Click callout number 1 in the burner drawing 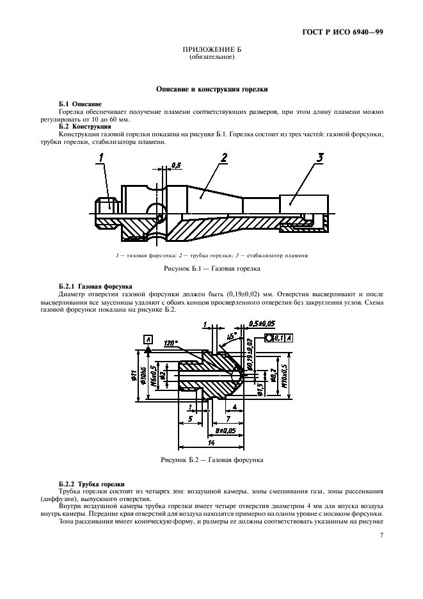[x=102, y=157]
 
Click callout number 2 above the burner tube [x=225, y=157]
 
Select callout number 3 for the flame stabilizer [x=321, y=157]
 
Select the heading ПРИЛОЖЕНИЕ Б [x=212, y=50]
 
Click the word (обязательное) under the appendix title [x=212, y=57]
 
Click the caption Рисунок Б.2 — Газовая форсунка [x=212, y=459]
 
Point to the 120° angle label [x=170, y=342]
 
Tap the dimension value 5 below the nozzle [x=190, y=419]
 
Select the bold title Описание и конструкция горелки [x=212, y=90]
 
